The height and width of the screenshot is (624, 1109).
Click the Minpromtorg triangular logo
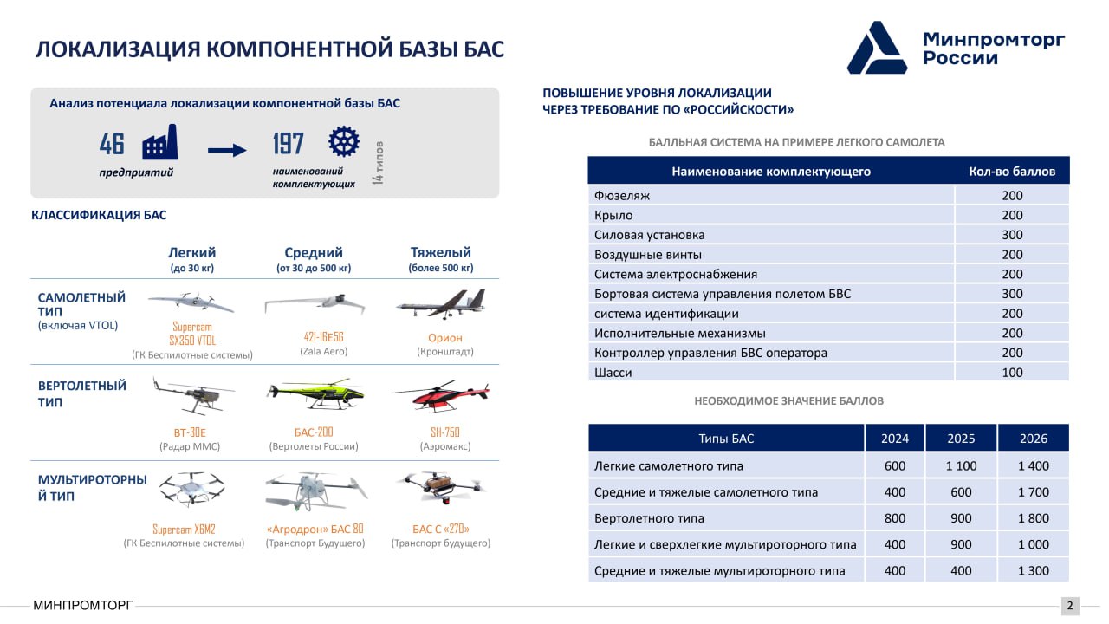point(877,48)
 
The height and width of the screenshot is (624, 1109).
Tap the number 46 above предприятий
point(112,144)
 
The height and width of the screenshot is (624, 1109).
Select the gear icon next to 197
point(344,141)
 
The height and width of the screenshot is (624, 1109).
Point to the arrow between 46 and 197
point(227,150)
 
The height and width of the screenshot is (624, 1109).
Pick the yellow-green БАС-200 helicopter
point(315,394)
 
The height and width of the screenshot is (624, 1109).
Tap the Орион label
point(445,338)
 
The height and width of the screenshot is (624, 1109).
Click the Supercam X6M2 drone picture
point(191,489)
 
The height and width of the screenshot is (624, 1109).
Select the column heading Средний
point(314,252)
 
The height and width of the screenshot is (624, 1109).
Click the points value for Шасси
point(1012,373)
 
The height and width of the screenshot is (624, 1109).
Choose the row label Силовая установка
point(649,235)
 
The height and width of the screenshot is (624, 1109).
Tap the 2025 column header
point(961,439)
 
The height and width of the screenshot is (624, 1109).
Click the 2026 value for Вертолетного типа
point(1034,518)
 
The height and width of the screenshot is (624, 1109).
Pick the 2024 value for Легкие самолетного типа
point(895,465)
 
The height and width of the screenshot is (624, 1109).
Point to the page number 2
point(1070,605)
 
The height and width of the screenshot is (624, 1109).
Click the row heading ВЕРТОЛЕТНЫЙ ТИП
point(81,393)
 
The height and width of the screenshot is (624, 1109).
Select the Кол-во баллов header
point(1012,172)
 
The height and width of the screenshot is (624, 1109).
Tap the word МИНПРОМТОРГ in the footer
point(82,605)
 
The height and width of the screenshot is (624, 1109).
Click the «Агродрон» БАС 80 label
point(315,529)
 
